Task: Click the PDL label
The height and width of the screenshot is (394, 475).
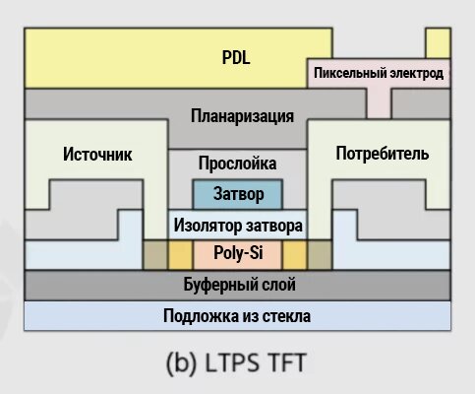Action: pyautogui.click(x=236, y=57)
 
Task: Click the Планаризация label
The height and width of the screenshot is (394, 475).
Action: pyautogui.click(x=242, y=116)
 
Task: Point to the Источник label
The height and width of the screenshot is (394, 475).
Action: pyautogui.click(x=97, y=154)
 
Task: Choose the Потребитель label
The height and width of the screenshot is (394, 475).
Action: pyautogui.click(x=383, y=154)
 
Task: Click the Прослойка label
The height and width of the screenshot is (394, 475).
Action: pyautogui.click(x=238, y=164)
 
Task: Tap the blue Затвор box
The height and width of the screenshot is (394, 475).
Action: pyautogui.click(x=238, y=194)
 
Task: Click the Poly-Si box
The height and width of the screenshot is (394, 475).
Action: pyautogui.click(x=238, y=255)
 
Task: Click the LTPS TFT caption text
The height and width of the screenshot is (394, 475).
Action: pyautogui.click(x=236, y=363)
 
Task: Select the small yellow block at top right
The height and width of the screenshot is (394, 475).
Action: pyautogui.click(x=438, y=43)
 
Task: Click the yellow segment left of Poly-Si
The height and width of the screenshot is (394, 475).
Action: pyautogui.click(x=181, y=255)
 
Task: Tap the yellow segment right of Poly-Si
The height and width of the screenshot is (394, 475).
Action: pyautogui.click(x=295, y=255)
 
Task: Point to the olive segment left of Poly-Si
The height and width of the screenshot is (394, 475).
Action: pyautogui.click(x=155, y=255)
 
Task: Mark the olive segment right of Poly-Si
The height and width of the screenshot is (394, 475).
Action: pyautogui.click(x=320, y=255)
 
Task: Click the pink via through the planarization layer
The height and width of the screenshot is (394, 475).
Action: pyautogui.click(x=379, y=103)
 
